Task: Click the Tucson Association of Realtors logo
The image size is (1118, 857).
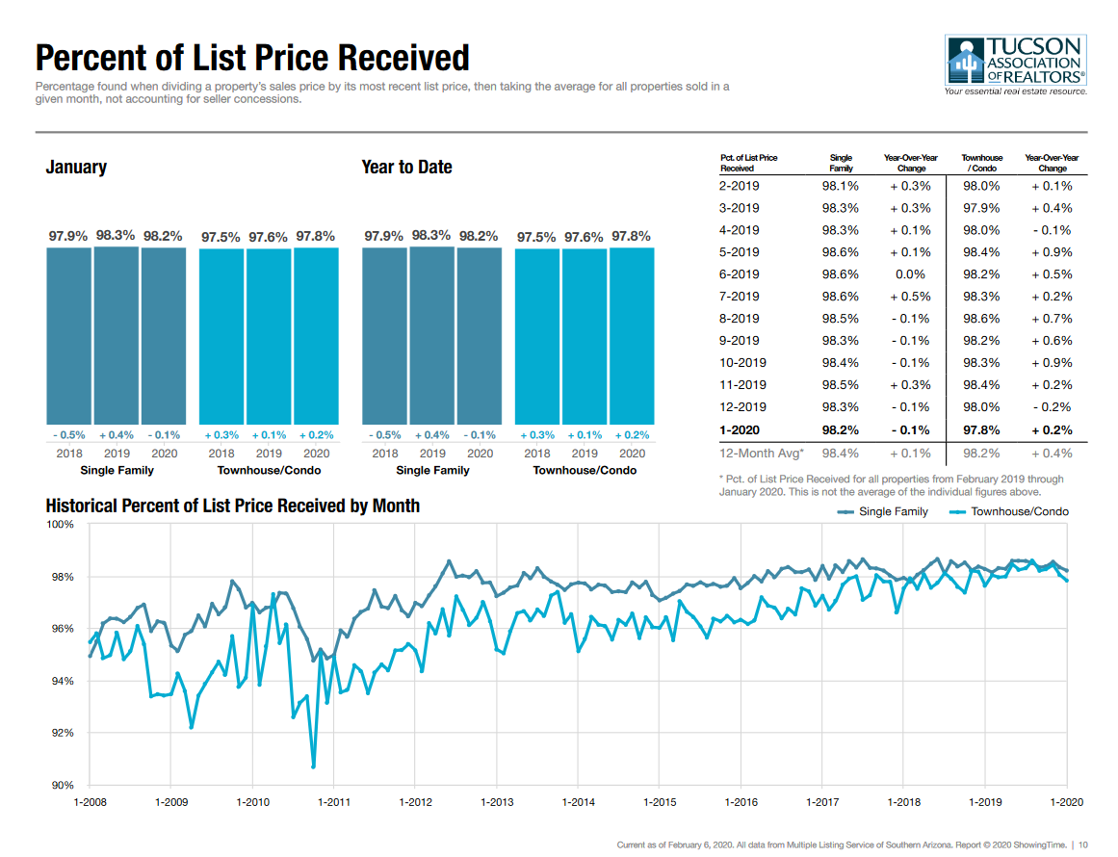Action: click(x=1016, y=65)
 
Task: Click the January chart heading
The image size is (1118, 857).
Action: click(x=76, y=168)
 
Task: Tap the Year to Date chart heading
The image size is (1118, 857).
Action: click(x=406, y=168)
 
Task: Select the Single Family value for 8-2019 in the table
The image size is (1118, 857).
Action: click(x=840, y=319)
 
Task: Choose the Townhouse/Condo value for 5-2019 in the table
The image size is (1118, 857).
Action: click(x=980, y=252)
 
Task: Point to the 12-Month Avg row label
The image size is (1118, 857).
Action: click(x=761, y=453)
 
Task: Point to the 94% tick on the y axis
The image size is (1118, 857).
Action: click(x=61, y=682)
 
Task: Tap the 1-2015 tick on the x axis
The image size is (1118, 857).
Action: click(x=660, y=801)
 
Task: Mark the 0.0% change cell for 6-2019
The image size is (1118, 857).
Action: click(x=910, y=274)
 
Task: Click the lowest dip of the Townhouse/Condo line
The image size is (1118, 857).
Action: click(x=314, y=766)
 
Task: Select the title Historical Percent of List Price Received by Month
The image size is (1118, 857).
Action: click(x=232, y=506)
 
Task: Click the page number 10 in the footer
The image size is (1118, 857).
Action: click(x=1083, y=845)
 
